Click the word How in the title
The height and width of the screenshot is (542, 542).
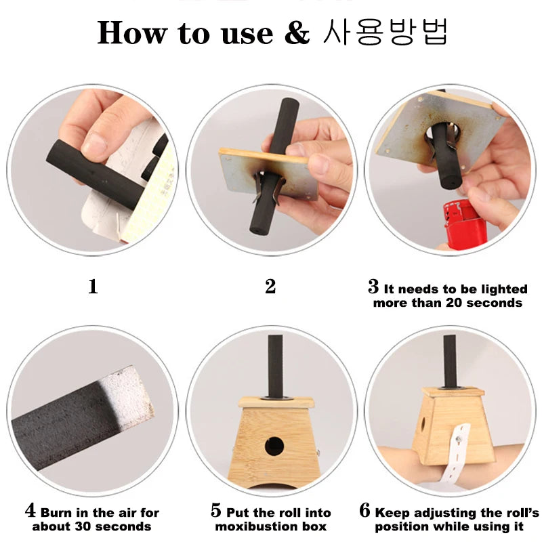[131, 33]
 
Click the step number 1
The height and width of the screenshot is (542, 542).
[93, 287]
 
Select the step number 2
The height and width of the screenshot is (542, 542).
[270, 287]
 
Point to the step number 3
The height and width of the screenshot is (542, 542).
[373, 287]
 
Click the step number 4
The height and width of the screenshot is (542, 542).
[30, 510]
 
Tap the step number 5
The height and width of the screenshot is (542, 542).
[216, 511]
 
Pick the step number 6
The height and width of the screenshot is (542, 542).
[364, 511]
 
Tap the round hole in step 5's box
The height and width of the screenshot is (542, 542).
[274, 446]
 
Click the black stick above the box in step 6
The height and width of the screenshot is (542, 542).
[450, 361]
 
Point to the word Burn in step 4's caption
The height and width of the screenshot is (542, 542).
[54, 513]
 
